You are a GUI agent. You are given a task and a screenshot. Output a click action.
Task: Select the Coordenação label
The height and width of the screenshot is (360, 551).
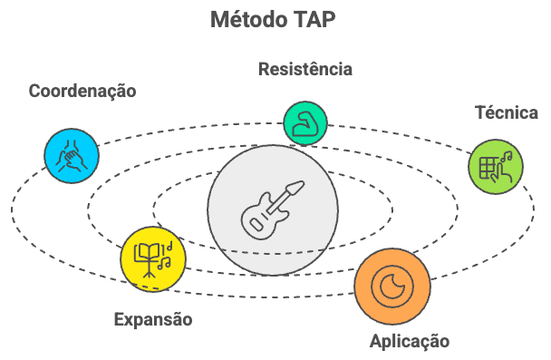(82, 92)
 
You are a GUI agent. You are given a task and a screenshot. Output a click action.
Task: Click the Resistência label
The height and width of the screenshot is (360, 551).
(304, 69)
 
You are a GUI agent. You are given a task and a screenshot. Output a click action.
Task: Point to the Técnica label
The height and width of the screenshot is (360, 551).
(507, 113)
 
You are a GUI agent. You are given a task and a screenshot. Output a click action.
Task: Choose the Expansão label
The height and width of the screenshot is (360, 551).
(153, 319)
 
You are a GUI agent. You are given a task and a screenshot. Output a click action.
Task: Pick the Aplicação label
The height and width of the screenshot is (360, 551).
(410, 341)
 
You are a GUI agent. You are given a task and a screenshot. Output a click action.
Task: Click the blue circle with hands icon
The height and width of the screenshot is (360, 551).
(72, 156)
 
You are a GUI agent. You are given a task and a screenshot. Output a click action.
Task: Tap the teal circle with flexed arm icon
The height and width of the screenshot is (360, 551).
(304, 123)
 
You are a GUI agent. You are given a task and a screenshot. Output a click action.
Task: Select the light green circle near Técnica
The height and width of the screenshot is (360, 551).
(496, 166)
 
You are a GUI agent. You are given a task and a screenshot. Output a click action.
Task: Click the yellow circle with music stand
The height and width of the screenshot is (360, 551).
(153, 258)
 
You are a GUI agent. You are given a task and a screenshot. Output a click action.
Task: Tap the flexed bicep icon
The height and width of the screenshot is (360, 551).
(304, 123)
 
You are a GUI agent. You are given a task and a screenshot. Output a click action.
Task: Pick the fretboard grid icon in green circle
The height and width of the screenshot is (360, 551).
(490, 168)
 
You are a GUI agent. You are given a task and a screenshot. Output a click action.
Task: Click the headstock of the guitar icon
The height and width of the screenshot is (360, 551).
(295, 188)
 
